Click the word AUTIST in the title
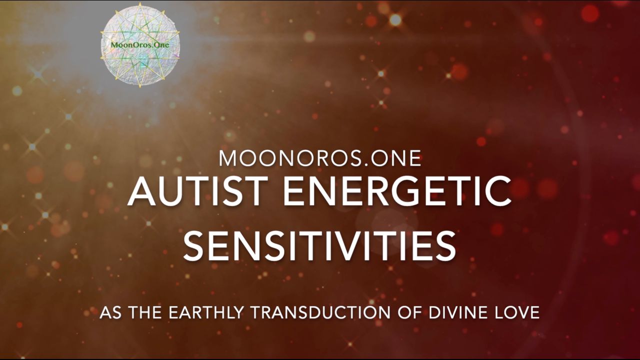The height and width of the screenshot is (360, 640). [198, 191]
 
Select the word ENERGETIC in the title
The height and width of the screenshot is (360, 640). [397, 191]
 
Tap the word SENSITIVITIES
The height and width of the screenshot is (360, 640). [319, 245]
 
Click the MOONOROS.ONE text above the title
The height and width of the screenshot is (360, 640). [320, 158]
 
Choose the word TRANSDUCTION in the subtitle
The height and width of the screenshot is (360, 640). [320, 312]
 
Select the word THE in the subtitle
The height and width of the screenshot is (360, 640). [145, 312]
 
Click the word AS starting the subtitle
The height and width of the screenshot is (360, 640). [110, 312]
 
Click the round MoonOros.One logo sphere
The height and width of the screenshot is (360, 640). [140, 45]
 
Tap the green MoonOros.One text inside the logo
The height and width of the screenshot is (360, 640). [140, 45]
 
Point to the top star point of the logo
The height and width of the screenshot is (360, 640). [140, 3]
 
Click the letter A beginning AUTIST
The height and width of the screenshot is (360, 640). [142, 191]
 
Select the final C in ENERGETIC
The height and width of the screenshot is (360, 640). [497, 191]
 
